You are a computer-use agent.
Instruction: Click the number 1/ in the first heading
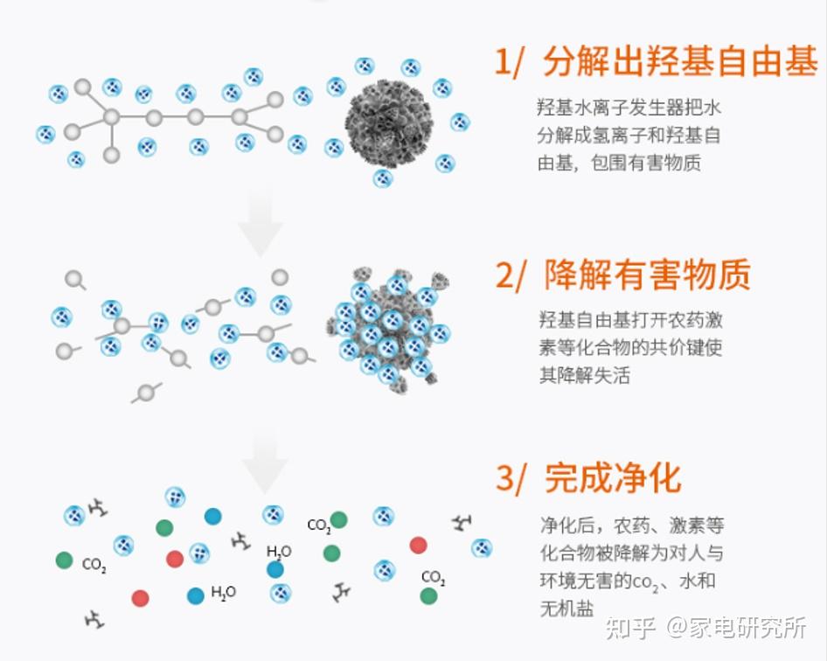click(511, 62)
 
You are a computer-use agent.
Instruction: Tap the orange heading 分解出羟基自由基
click(680, 62)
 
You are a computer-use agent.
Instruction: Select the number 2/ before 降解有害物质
click(511, 275)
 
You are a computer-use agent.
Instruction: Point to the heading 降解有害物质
click(647, 275)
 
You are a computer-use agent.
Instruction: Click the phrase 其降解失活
click(584, 375)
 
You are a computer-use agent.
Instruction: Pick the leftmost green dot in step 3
click(64, 560)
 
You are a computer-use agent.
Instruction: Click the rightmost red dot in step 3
click(418, 545)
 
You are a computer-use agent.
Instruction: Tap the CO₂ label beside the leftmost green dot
click(94, 565)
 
